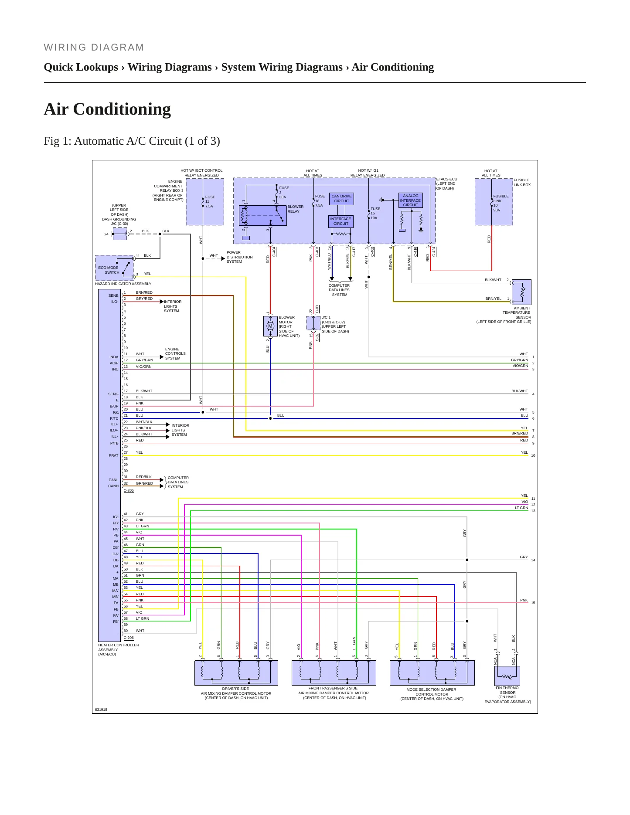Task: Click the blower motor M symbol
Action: (270, 326)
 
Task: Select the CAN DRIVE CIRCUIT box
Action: (341, 199)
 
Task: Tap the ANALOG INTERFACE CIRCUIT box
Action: (410, 200)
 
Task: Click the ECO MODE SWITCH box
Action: (114, 268)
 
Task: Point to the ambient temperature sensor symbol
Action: (521, 292)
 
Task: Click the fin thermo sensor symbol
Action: (507, 676)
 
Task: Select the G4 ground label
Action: (106, 234)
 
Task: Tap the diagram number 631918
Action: (101, 710)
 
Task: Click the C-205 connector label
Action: (129, 490)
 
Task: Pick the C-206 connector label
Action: (129, 638)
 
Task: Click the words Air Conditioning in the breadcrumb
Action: (393, 67)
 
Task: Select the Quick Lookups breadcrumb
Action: (81, 67)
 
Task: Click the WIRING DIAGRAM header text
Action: (94, 48)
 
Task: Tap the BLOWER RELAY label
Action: (296, 209)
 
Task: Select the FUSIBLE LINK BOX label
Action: (522, 182)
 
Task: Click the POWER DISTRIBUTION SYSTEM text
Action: (239, 257)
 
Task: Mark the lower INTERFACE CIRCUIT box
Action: (341, 221)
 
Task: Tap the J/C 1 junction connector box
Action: (313, 323)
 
